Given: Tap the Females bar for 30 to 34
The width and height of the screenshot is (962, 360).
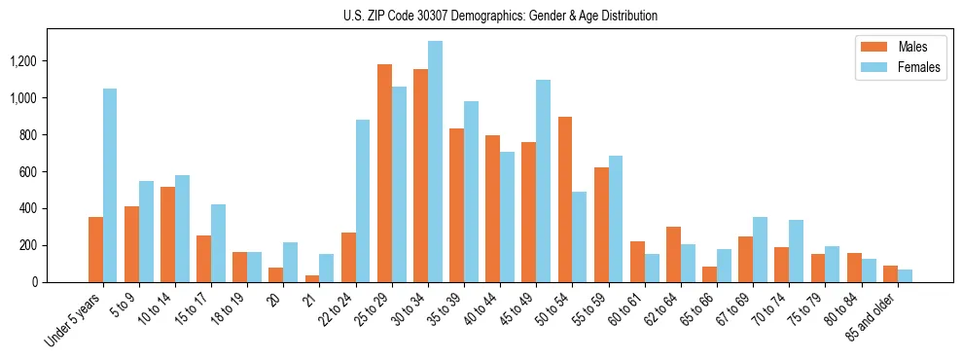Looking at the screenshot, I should [x=435, y=162].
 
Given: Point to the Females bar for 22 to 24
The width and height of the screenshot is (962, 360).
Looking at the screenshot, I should [x=363, y=200].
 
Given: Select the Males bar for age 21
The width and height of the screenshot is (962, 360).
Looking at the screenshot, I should [x=312, y=278].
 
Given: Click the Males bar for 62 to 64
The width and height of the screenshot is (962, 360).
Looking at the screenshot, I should [x=673, y=254].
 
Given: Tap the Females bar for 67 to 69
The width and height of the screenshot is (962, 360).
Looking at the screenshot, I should [x=760, y=249].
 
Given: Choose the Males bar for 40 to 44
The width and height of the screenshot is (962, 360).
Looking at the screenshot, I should [x=493, y=208].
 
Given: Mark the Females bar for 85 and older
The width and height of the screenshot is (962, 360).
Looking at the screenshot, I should [x=905, y=275].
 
